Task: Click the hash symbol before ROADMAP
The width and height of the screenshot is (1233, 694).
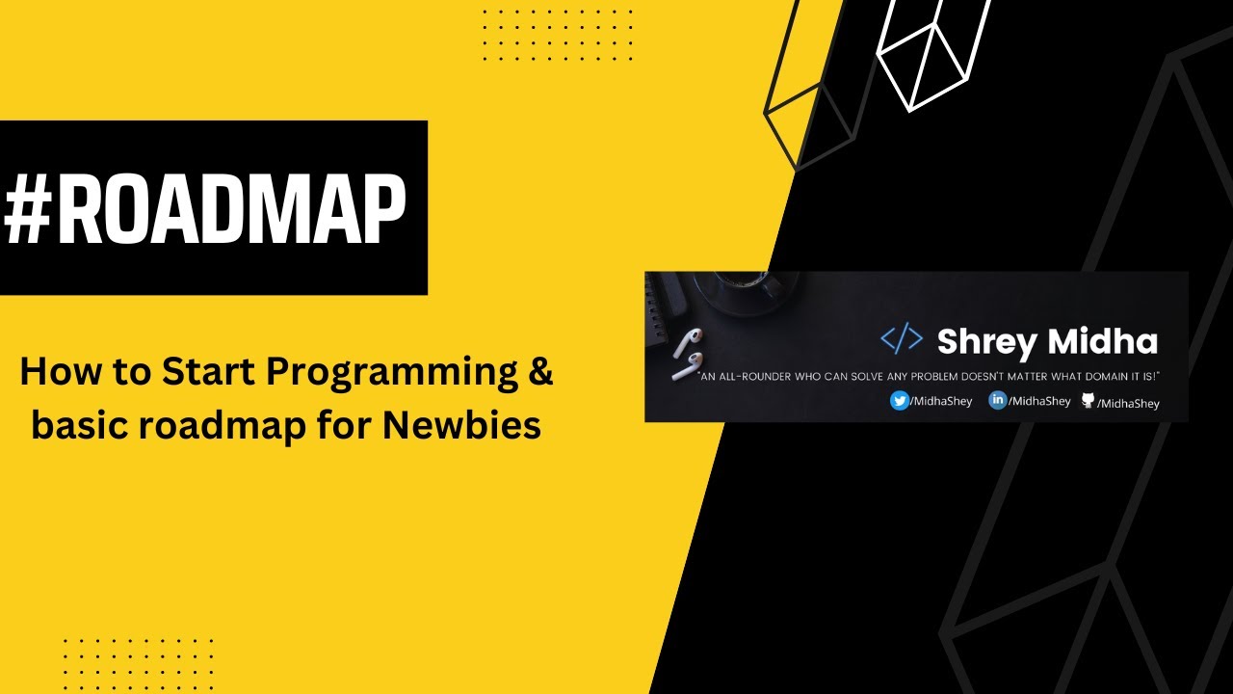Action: [28, 209]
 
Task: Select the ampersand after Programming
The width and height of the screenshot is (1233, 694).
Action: [540, 372]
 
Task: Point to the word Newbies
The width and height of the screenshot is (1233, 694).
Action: [461, 426]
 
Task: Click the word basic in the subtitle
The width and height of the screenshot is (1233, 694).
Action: [79, 426]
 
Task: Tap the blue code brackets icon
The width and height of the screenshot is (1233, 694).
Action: [902, 338]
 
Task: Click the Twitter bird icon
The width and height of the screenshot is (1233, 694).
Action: [900, 400]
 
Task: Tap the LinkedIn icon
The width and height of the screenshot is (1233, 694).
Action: [997, 400]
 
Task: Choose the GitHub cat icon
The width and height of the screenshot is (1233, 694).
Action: [1088, 400]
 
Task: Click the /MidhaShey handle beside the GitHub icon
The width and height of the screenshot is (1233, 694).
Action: [1128, 404]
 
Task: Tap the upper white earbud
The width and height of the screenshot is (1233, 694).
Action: [688, 342]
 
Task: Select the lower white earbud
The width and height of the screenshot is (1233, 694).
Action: [687, 367]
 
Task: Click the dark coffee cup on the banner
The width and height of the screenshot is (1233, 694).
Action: [743, 292]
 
